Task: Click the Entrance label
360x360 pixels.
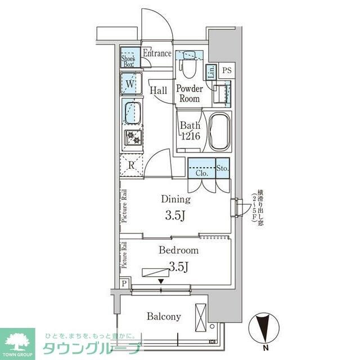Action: (156, 54)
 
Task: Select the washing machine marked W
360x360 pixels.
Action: (130, 84)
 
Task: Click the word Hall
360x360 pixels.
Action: (158, 89)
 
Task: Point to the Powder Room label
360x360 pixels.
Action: (189, 93)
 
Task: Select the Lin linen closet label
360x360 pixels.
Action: (211, 72)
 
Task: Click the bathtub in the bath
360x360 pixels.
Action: (219, 132)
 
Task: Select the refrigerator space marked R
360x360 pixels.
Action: (131, 165)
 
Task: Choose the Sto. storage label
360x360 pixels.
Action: (222, 168)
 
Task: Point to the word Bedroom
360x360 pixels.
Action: (178, 250)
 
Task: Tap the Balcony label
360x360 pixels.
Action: (164, 317)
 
